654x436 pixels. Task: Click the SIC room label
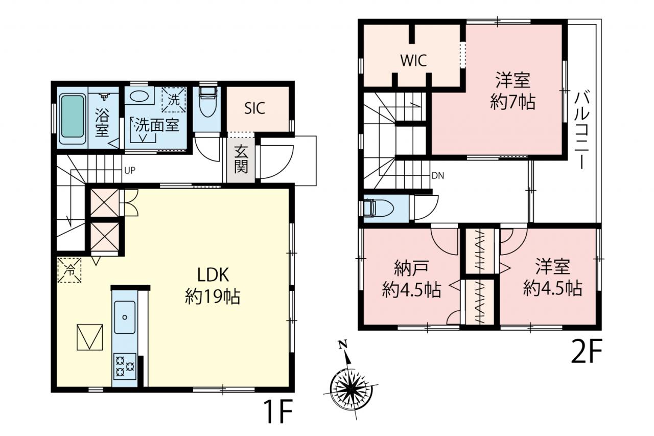[254, 108]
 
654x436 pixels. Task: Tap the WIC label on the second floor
[413, 60]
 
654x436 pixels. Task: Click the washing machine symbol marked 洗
[174, 100]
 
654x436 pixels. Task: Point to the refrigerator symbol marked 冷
[69, 270]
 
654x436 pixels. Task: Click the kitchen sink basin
[125, 317]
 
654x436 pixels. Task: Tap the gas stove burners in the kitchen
[125, 366]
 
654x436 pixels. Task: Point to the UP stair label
[130, 171]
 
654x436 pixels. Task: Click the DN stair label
[438, 175]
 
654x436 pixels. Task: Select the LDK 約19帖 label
[213, 286]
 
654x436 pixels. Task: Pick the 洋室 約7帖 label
[512, 91]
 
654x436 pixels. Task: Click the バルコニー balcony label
[582, 131]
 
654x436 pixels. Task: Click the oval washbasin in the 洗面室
[139, 96]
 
